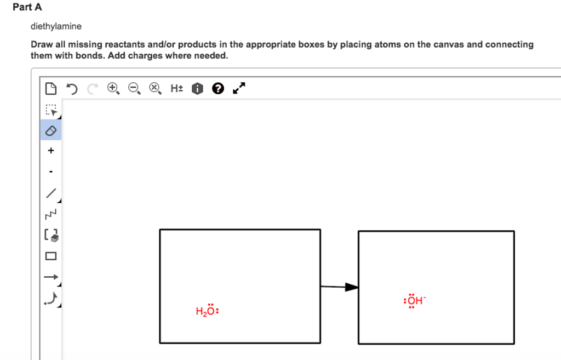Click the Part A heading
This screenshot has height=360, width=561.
coord(27,7)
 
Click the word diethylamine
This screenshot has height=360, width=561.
coord(56,26)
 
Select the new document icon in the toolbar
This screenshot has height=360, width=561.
coord(50,88)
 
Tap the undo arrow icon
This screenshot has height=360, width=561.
coord(71,88)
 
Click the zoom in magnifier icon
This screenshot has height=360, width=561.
coord(113,88)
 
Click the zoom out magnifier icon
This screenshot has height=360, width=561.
coord(134,88)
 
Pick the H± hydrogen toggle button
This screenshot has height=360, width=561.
coord(176,88)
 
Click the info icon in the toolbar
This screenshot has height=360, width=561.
coord(198,88)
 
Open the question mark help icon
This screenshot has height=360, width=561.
coord(218,88)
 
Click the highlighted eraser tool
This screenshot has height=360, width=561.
coord(51,130)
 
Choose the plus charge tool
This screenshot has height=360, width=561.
coord(51,151)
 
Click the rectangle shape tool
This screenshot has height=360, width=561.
coord(51,256)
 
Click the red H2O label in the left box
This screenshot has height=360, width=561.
coord(207,311)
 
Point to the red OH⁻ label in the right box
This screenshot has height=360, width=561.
coord(414,300)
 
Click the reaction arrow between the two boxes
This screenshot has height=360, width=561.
coord(339,287)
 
